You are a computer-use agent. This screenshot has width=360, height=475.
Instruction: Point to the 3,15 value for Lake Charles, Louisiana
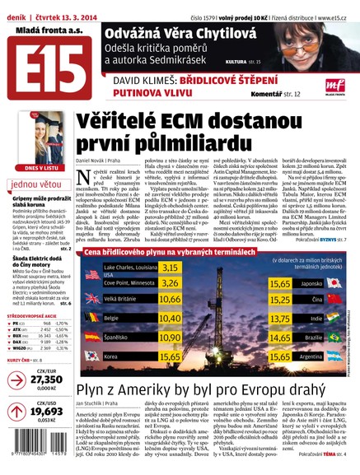[170, 244]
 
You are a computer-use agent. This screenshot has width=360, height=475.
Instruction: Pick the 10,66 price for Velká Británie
[170, 276]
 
